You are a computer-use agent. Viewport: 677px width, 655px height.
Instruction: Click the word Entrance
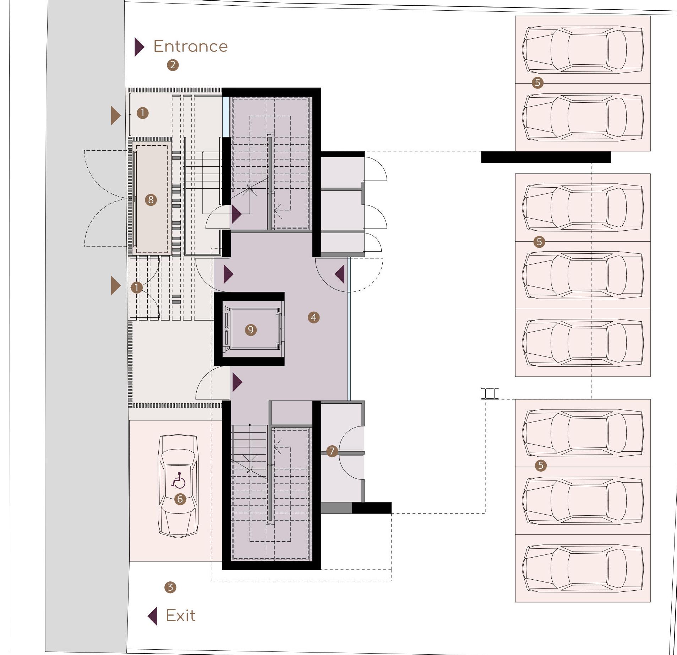190,47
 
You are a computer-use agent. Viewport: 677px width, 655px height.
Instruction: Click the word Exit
180,616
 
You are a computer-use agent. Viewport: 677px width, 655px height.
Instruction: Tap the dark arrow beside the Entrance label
139,47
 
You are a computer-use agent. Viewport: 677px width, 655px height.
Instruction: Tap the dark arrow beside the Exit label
153,616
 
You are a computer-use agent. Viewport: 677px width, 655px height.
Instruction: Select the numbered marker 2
173,65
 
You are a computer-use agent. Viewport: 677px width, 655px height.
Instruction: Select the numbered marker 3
170,587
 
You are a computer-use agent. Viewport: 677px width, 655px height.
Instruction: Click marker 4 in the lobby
313,317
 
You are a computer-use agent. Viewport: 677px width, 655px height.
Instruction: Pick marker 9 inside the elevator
251,330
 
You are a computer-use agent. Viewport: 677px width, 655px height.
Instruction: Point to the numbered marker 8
151,200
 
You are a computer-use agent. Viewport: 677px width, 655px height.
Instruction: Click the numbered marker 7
332,451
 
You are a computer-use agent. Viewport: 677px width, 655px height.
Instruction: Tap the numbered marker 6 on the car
180,499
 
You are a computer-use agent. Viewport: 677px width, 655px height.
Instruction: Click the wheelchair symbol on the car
179,480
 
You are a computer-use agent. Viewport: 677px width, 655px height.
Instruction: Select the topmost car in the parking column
583,49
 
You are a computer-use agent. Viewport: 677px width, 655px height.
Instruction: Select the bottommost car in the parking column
583,568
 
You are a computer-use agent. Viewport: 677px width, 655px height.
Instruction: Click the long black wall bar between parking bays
546,157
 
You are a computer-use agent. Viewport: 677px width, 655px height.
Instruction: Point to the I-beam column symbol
490,393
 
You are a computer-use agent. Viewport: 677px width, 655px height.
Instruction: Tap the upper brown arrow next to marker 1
115,116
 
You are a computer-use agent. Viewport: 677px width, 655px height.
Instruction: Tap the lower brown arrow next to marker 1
115,285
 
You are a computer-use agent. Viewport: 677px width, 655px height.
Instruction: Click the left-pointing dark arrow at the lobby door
340,274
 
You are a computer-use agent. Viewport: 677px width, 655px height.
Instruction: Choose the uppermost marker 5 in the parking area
537,83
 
